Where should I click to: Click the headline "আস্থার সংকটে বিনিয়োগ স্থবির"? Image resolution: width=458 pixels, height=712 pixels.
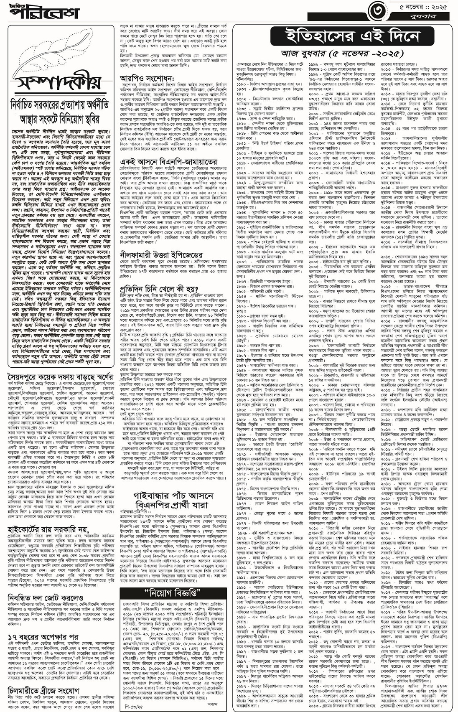click(60, 119)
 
